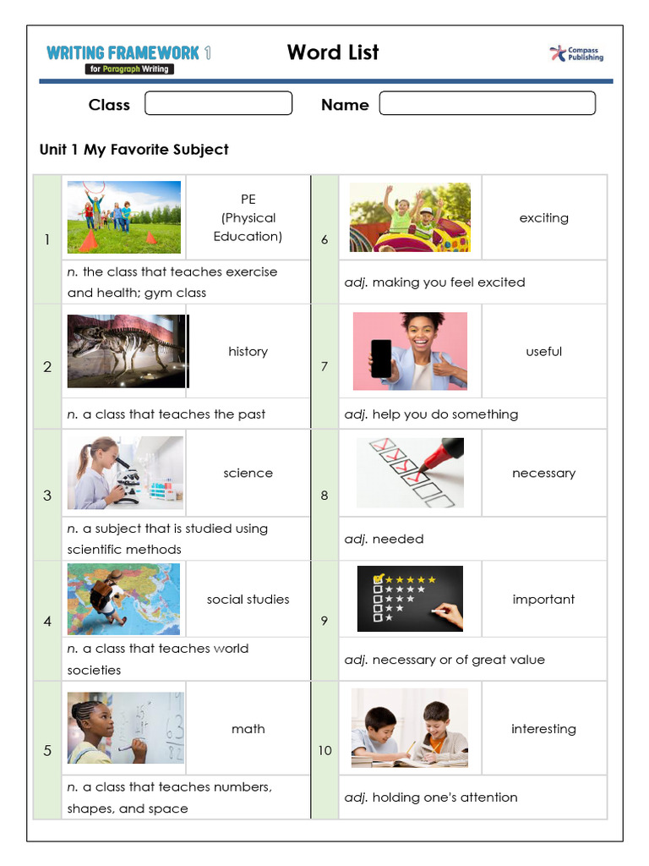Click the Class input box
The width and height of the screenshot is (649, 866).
218,103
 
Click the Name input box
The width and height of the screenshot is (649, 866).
487,103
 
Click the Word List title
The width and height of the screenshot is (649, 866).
333,52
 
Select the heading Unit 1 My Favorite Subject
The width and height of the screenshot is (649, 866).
134,150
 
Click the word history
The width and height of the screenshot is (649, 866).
248,351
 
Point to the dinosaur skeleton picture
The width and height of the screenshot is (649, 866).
126,351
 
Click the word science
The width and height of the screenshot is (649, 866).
248,473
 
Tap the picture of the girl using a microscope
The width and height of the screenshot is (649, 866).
125,473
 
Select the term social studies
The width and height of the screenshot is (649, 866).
248,599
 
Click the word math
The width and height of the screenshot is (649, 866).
248,728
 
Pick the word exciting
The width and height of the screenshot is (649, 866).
543,217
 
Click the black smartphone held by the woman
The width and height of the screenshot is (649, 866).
381,358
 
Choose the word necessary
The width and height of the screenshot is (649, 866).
543,473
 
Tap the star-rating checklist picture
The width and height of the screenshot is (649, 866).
410,599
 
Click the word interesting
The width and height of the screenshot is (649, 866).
543,728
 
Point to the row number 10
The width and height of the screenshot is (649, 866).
324,750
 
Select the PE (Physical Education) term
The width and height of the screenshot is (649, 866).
248,217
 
